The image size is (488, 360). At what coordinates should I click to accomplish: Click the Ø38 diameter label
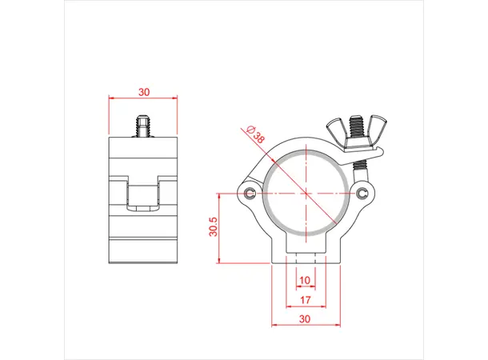tap(256, 134)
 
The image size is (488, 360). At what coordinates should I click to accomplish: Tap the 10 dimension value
tap(305, 280)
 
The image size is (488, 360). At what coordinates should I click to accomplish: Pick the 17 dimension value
tap(305, 300)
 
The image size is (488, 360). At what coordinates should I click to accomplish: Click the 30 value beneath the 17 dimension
tap(305, 319)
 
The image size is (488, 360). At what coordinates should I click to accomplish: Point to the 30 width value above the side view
tap(143, 92)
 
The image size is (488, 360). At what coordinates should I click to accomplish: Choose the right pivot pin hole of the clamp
tap(364, 194)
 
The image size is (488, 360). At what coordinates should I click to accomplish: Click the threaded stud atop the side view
tap(143, 126)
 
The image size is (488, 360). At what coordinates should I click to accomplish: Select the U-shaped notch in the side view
tap(143, 194)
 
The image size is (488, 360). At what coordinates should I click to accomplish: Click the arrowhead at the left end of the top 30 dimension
tap(111, 99)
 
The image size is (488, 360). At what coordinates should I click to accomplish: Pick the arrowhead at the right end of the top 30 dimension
tap(175, 99)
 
